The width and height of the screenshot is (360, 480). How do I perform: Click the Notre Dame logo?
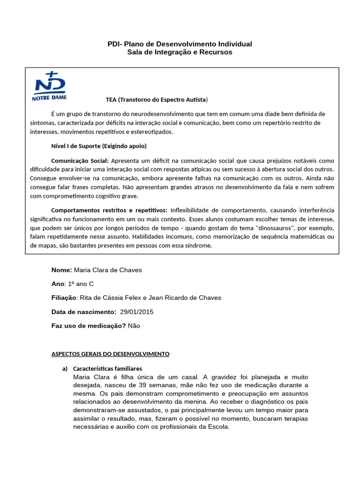49,86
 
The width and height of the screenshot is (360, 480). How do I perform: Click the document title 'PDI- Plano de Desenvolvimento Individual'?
180,44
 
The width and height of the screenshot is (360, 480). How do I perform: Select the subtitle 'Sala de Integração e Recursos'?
180,52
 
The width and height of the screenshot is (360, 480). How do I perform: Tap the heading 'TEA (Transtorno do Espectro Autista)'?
157,100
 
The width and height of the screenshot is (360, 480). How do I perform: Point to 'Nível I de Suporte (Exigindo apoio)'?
98,145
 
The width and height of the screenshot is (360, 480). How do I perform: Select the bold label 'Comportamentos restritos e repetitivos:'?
109,210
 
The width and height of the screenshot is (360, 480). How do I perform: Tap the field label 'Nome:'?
61,270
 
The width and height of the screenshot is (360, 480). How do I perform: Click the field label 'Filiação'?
63,298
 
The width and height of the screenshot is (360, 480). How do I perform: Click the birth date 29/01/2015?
136,312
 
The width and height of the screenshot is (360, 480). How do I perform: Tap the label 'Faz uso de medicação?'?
88,326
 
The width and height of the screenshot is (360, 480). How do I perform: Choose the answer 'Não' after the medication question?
134,326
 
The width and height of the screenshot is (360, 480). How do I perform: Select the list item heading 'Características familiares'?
108,368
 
